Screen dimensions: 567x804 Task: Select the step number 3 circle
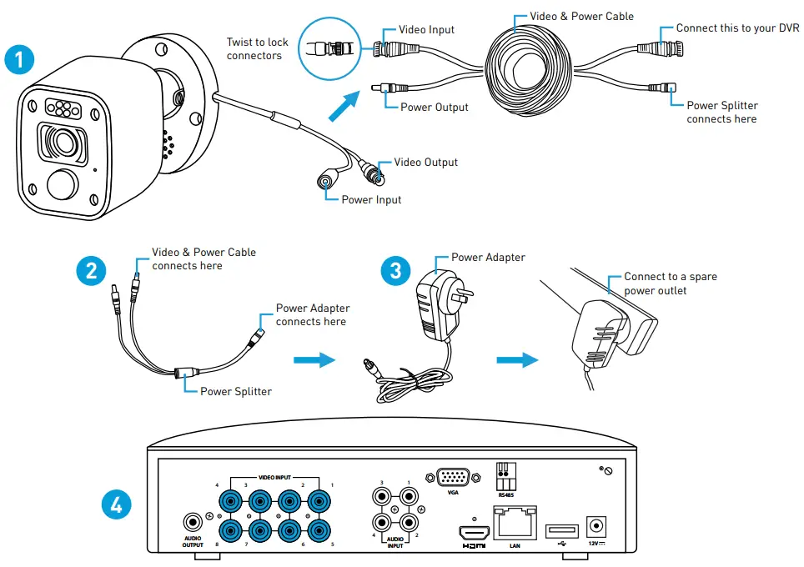pyautogui.click(x=396, y=270)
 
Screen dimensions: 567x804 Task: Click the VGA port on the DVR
pyautogui.click(x=453, y=478)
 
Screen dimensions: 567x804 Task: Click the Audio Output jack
pyautogui.click(x=193, y=523)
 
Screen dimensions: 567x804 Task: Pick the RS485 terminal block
pyautogui.click(x=505, y=479)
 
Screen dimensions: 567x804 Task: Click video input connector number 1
pyautogui.click(x=318, y=501)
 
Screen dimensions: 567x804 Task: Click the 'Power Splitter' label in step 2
pyautogui.click(x=236, y=390)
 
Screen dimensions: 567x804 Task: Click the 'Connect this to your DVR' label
pyautogui.click(x=737, y=28)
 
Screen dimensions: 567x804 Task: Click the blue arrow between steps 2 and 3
pyautogui.click(x=314, y=360)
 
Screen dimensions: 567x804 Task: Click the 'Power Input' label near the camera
pyautogui.click(x=371, y=200)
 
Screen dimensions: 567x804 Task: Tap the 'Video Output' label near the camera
pyautogui.click(x=425, y=163)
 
